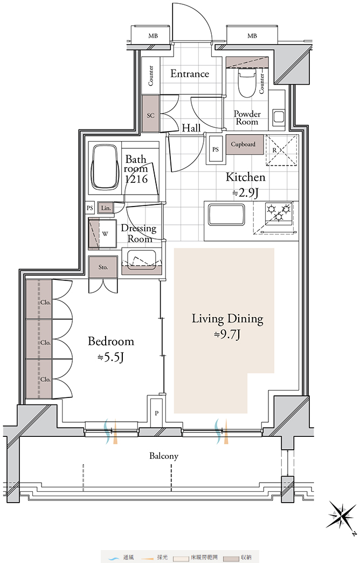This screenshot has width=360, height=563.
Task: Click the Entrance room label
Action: coord(190,73)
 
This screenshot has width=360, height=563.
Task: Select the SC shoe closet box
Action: coord(151,113)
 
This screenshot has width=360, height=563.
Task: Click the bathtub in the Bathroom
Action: coord(105,167)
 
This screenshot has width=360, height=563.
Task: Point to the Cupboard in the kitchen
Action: coord(245,145)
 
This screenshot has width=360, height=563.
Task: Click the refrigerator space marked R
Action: coord(282,150)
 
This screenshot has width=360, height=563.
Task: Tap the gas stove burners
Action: coord(279,212)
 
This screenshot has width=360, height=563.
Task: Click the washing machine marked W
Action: coord(103,234)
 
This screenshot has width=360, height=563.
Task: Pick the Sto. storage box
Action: coord(103,267)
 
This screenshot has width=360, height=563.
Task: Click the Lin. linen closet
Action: coord(106,208)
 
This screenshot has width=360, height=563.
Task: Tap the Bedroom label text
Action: coord(111,341)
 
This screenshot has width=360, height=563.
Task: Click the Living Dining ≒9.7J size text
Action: coord(227,335)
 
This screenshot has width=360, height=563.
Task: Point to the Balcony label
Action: coord(164,456)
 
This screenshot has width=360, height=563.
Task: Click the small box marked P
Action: coord(157,413)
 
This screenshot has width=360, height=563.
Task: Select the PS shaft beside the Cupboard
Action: coord(216,149)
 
